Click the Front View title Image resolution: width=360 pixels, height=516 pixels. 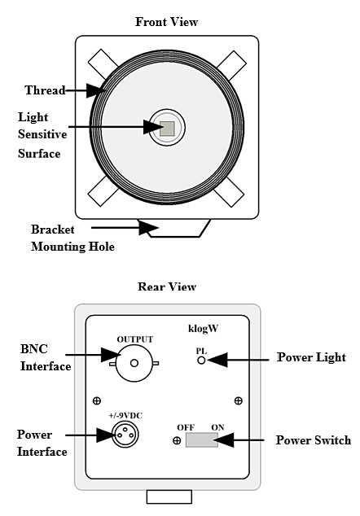[x=166, y=22]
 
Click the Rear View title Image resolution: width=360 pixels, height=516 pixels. [x=167, y=286]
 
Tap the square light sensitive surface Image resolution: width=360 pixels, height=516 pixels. [x=167, y=128]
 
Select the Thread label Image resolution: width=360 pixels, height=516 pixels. [x=45, y=90]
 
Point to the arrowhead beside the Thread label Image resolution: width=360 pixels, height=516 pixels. [x=96, y=90]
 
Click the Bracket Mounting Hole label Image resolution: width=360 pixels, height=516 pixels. [x=72, y=238]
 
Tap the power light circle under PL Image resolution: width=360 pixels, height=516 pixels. [x=201, y=361]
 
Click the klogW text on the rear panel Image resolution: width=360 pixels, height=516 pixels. [x=204, y=329]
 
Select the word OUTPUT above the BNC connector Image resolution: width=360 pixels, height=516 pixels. [x=135, y=339]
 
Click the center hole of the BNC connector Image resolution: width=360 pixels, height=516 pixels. [x=134, y=363]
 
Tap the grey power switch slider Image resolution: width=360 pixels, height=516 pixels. [x=201, y=440]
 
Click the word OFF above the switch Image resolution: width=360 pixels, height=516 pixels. [x=186, y=427]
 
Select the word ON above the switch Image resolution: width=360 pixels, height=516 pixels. [x=217, y=427]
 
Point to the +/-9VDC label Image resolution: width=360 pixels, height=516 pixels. [x=125, y=416]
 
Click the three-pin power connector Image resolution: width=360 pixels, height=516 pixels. [x=125, y=435]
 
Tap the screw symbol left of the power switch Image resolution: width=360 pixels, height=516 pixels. [x=177, y=440]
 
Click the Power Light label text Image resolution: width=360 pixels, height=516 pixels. [x=311, y=357]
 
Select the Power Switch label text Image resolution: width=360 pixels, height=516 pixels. [x=314, y=440]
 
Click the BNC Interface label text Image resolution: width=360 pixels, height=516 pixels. [x=46, y=357]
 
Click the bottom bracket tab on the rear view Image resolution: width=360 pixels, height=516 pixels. [x=169, y=496]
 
